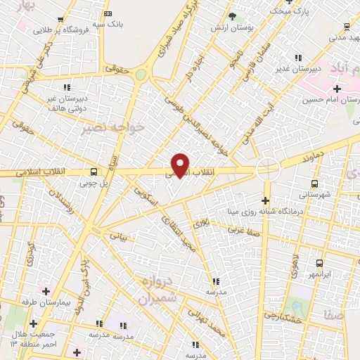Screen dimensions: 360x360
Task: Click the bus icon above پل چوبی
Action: (94, 172)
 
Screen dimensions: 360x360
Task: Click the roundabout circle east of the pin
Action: (267, 169)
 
